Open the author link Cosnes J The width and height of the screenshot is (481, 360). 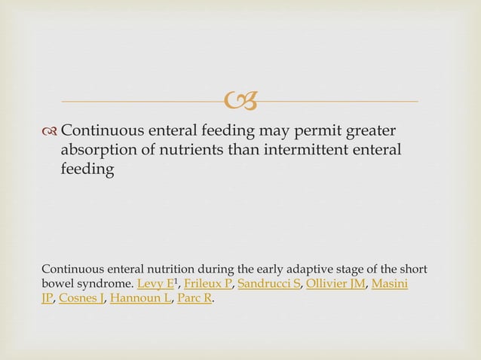pyautogui.click(x=81, y=299)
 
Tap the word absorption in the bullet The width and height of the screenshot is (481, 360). pyautogui.click(x=97, y=152)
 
